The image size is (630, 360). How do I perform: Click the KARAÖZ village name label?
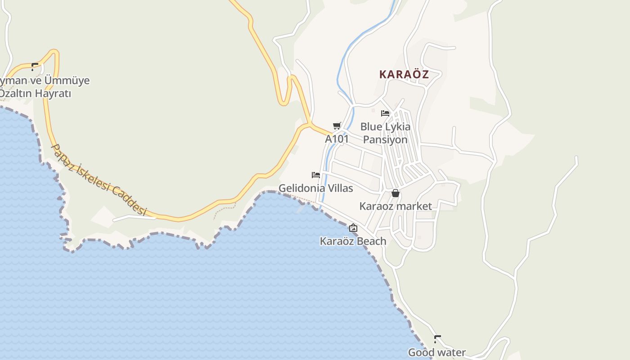(404, 74)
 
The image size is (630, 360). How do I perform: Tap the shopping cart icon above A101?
(337, 126)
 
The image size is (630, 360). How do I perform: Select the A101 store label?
(337, 139)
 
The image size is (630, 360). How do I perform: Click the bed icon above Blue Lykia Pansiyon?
(385, 113)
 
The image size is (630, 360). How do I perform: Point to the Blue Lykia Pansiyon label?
(385, 133)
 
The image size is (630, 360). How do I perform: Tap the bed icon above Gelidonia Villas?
(316, 175)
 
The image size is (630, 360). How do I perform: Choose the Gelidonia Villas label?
(316, 188)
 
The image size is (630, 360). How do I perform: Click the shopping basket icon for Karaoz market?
(395, 193)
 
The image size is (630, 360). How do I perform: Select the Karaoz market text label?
(396, 206)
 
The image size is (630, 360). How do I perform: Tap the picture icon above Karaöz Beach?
(353, 228)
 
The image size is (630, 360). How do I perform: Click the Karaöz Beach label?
(353, 241)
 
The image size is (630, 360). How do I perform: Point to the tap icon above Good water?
(437, 339)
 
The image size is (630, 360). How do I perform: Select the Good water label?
(436, 352)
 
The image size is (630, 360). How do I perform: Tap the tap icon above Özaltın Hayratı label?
(35, 67)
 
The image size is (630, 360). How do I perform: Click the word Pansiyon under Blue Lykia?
(385, 139)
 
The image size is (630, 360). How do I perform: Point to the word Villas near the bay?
(337, 188)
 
